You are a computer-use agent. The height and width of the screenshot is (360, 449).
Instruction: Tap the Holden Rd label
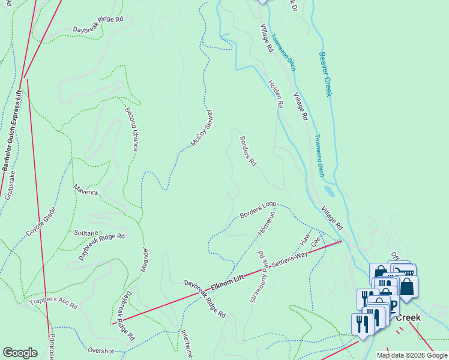tap(276, 94)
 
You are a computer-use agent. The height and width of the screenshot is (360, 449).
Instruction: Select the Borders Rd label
tap(248, 151)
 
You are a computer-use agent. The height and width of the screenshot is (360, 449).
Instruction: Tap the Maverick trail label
tap(86, 193)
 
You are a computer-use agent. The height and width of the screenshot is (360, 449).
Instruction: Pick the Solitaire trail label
tap(86, 232)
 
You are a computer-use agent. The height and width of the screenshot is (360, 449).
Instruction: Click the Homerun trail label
tap(267, 221)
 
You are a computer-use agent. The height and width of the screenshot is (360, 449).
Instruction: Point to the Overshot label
tap(101, 350)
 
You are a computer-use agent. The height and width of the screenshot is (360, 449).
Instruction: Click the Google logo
tap(20, 353)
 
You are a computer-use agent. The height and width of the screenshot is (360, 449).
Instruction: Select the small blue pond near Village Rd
tap(330, 191)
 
